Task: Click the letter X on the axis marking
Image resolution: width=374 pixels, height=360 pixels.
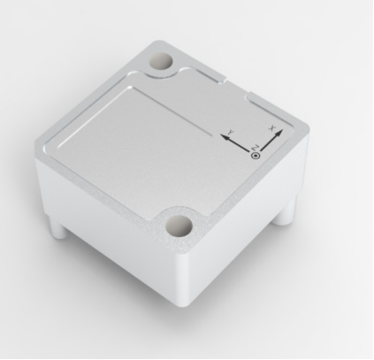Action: (x=271, y=129)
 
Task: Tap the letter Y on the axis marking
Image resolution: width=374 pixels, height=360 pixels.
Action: (x=231, y=132)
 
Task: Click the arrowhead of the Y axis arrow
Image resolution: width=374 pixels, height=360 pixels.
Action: (x=222, y=135)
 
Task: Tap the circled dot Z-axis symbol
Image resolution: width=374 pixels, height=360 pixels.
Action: (x=256, y=156)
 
